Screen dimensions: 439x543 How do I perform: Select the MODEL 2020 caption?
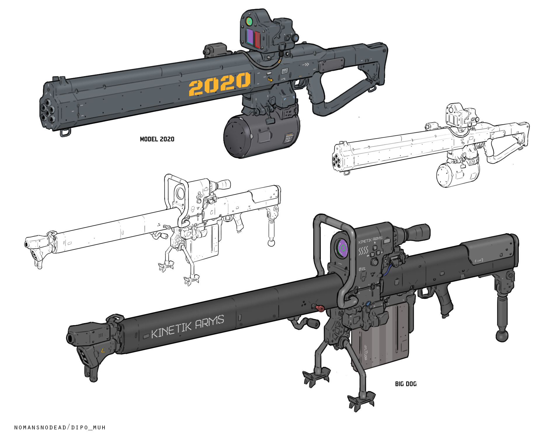point(157,139)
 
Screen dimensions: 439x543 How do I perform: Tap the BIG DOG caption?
point(406,384)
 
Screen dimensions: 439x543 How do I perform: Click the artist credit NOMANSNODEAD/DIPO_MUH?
point(60,428)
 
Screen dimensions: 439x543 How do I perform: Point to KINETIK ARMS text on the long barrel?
point(188,326)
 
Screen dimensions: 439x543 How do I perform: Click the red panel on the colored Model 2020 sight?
point(257,40)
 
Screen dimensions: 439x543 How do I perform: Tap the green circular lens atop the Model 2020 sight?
point(249,21)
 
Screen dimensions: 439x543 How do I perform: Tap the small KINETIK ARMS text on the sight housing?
point(370,240)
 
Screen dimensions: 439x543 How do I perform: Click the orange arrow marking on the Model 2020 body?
point(271,79)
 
